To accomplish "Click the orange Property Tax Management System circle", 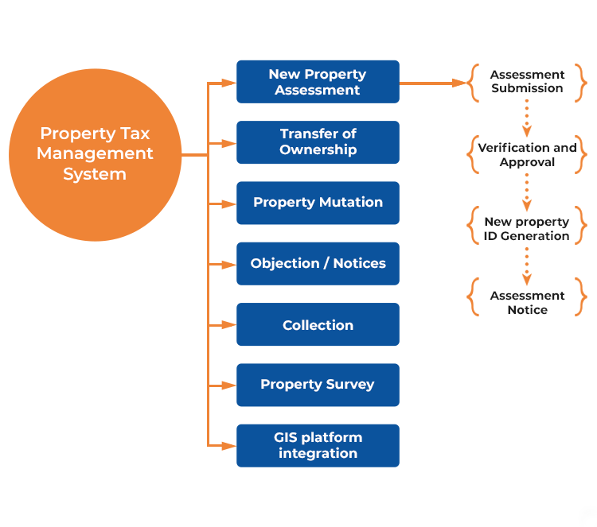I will (96, 154).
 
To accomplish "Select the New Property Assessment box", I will (318, 82).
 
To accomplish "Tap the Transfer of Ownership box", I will (318, 142).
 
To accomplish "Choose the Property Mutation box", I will (318, 203).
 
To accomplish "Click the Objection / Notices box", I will (318, 264).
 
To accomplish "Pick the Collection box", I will (318, 325).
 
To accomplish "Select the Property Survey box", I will (318, 385).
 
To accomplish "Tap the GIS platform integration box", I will (318, 445).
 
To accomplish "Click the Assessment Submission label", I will (527, 82).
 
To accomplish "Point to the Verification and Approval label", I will (527, 155).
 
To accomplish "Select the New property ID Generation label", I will (527, 229).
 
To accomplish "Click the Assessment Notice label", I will (527, 303).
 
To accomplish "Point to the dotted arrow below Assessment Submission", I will (527, 118).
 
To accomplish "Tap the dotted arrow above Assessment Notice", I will (527, 265).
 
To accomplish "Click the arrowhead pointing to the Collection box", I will (229, 325).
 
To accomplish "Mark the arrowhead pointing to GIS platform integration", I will (229, 445).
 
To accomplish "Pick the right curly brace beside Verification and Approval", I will (581, 155).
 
